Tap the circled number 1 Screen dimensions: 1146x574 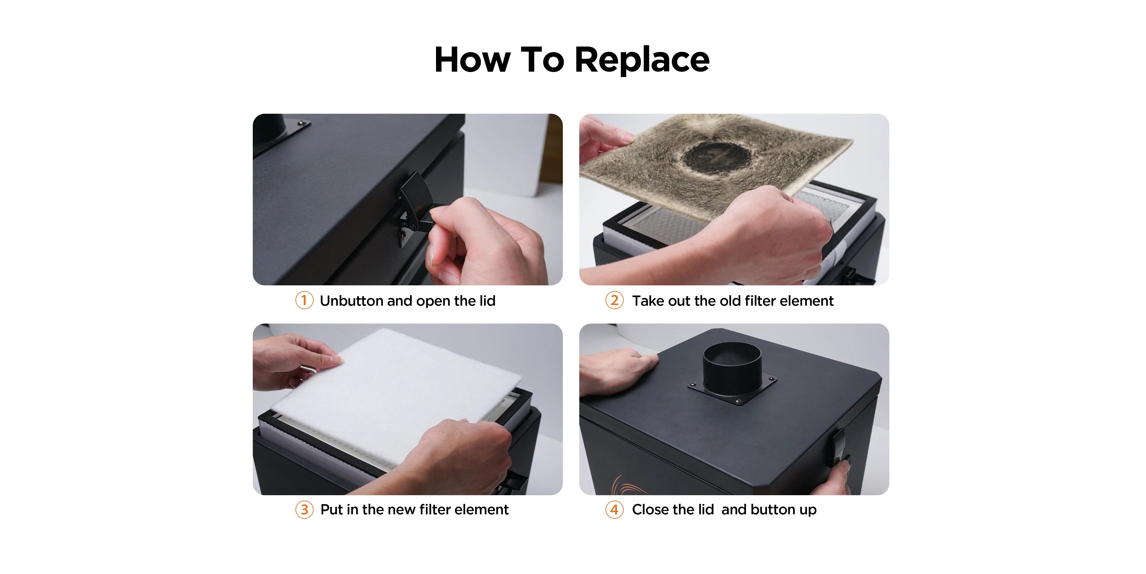(x=304, y=300)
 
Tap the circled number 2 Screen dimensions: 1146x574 (x=614, y=300)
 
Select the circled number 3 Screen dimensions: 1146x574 (x=304, y=510)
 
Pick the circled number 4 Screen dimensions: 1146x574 (x=614, y=510)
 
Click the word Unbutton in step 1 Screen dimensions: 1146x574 (x=352, y=301)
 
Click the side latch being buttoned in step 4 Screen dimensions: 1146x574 (x=839, y=447)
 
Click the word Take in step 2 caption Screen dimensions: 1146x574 (x=648, y=301)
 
